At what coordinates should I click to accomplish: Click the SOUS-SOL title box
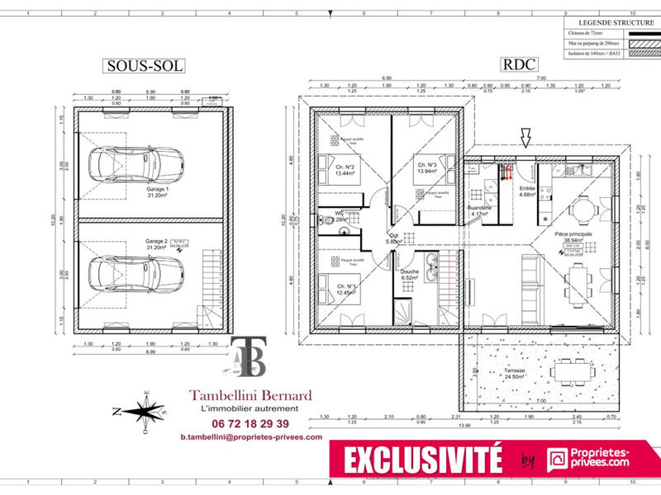143,65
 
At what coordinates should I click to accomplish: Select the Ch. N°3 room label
426,167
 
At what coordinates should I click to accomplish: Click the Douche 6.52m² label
410,274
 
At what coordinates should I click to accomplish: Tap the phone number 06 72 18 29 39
250,423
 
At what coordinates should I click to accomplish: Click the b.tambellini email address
250,437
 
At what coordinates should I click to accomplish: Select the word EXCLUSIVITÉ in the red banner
423,459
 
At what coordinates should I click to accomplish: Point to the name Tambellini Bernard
250,395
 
